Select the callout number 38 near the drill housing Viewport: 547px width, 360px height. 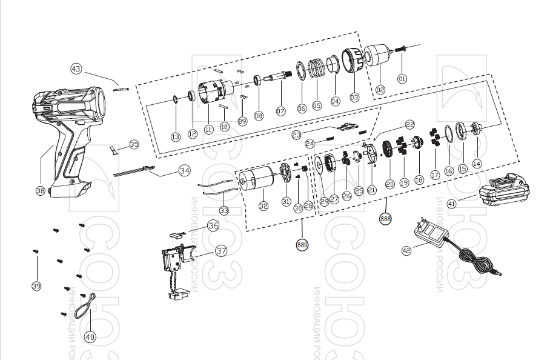pos(41,190)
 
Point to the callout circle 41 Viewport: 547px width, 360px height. pos(452,204)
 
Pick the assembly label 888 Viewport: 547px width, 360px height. pos(385,219)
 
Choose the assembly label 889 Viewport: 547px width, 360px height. pos(302,245)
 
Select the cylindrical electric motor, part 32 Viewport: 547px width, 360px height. pos(256,179)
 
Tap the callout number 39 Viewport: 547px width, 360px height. pos(36,286)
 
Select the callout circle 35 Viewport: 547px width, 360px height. pos(134,144)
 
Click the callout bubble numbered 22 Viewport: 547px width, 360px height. pos(410,124)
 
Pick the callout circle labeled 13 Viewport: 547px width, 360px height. pos(175,138)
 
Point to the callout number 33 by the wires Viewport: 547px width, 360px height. pos(224,212)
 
